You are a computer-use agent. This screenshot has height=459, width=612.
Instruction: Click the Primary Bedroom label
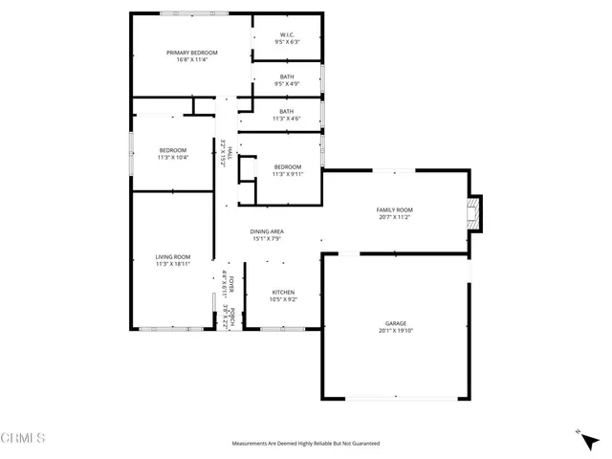(192, 53)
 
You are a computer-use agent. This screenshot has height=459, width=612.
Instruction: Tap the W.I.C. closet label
(287, 36)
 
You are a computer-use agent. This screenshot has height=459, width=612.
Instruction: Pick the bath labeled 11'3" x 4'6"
(287, 115)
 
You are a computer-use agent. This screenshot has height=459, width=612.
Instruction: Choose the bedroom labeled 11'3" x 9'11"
(287, 170)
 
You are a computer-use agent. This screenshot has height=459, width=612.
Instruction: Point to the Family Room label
(395, 209)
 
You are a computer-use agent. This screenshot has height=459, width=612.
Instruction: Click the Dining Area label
(268, 231)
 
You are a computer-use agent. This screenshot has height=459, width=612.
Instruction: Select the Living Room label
(173, 256)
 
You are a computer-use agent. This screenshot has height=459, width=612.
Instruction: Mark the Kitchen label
(283, 292)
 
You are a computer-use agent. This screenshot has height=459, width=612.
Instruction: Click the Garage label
(395, 323)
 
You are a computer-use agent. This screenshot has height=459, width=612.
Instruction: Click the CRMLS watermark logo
(23, 439)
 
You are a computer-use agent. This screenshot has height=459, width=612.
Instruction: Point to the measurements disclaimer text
(306, 444)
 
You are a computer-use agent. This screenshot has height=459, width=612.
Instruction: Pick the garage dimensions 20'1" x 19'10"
(395, 331)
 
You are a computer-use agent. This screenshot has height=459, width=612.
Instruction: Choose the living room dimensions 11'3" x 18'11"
(173, 263)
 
